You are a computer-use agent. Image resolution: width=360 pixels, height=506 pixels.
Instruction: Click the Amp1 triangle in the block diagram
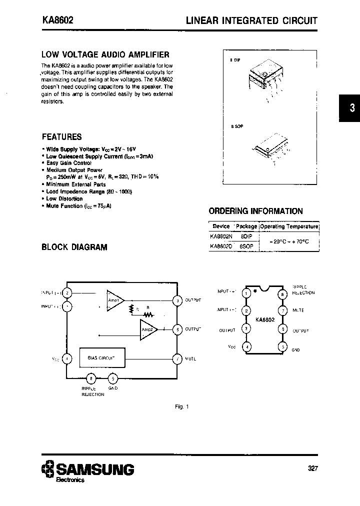pos(114,300)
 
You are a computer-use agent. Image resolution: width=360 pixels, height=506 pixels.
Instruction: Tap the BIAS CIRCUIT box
pos(101,358)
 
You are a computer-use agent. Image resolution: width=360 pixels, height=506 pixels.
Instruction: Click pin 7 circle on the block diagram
pos(177,358)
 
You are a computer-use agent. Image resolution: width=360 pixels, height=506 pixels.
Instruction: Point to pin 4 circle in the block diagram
pos(68,358)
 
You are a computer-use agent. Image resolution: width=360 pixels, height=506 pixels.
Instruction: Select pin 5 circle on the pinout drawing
pos(283,346)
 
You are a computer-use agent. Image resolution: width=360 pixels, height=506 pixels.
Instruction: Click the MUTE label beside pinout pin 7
pos(298,310)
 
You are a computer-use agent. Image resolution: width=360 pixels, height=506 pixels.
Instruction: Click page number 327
pos(312,468)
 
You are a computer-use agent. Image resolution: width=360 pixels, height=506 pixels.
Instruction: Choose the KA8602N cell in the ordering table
pos(221,236)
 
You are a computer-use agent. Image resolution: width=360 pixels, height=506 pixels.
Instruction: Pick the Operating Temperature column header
pos(289,226)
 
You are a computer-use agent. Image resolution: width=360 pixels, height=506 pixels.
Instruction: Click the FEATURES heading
pos(61,137)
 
